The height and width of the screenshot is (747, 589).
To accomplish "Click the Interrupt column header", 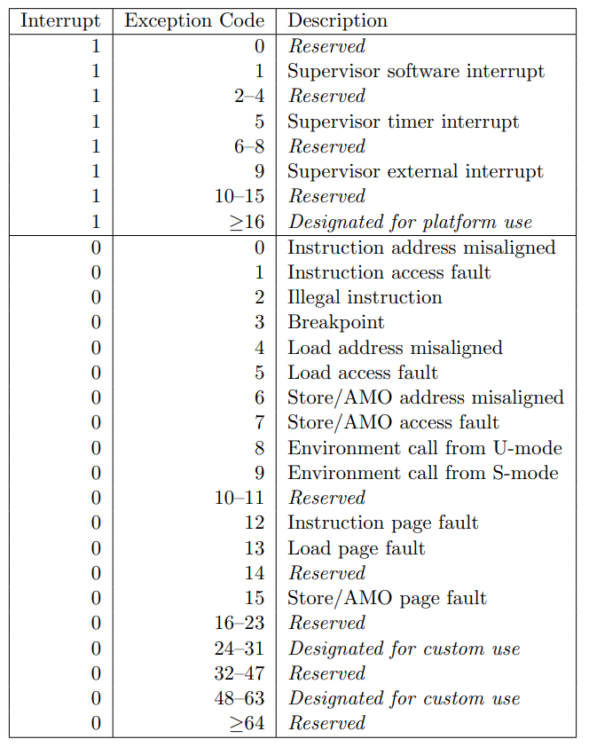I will (60, 21).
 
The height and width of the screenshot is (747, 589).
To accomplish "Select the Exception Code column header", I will (194, 21).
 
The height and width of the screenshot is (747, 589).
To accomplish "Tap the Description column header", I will (338, 21).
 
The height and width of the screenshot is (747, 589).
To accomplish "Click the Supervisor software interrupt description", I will (416, 71).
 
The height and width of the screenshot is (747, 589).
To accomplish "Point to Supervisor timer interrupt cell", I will (404, 122).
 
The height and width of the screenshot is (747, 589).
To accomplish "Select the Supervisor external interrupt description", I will (415, 171).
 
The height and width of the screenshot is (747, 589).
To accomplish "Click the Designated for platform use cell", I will (410, 222).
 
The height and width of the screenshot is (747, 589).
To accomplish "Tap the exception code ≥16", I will (246, 222).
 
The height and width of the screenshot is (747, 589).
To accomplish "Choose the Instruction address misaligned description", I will (421, 248).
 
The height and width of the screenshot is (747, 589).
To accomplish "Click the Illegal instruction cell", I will (365, 297).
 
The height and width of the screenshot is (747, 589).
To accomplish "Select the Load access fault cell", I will (363, 373).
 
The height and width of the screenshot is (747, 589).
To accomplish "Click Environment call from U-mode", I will (425, 448).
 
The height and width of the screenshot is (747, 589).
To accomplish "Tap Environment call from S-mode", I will (423, 473).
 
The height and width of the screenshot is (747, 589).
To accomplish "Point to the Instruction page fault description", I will (383, 523).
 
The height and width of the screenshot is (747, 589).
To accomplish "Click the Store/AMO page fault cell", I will (387, 598).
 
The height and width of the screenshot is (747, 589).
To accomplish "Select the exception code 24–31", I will (240, 649).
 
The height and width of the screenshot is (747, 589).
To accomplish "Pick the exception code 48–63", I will (240, 698).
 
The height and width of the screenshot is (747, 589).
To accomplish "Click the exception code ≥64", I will (246, 723).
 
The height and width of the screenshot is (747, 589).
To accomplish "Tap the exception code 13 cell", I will (255, 548).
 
